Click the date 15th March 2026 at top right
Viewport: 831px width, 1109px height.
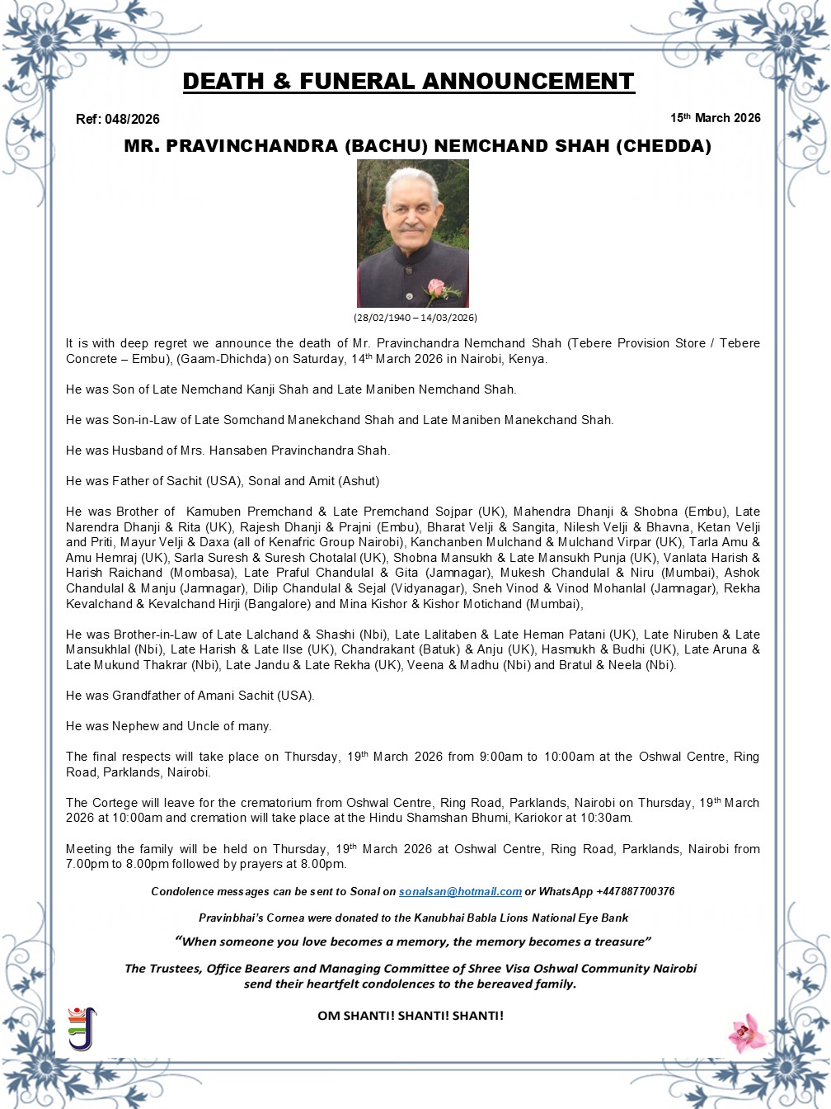715,118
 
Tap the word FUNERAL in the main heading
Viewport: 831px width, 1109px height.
356,82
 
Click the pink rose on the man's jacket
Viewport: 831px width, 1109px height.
437,290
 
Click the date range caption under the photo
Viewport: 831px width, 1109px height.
415,318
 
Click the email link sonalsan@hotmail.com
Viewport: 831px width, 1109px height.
460,892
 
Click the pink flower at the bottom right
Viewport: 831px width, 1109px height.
747,1032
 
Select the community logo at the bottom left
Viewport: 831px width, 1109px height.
82,1028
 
